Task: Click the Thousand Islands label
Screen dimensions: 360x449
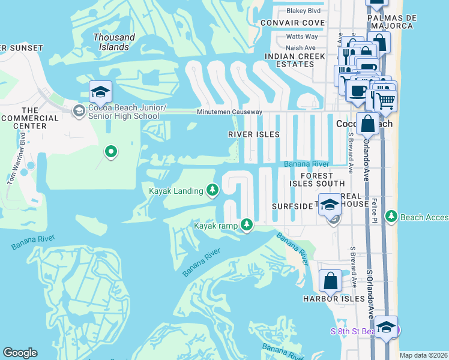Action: (x=114, y=41)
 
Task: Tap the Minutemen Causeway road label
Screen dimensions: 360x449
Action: (x=230, y=112)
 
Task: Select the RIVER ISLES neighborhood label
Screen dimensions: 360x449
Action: (x=254, y=134)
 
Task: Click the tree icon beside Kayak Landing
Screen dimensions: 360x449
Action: (x=212, y=190)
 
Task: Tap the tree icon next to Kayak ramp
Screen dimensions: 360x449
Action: (x=246, y=225)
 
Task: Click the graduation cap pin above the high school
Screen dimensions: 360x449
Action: (x=101, y=92)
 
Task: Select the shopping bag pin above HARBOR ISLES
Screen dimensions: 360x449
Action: (x=330, y=280)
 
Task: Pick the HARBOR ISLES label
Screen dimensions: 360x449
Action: (x=334, y=299)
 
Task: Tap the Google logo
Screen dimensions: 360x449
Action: (x=20, y=353)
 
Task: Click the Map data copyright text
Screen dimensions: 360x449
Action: (x=423, y=355)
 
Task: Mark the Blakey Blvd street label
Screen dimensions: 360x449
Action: (x=304, y=10)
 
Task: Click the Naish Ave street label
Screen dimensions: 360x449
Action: (x=301, y=48)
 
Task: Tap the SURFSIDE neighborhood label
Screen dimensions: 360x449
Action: (x=292, y=206)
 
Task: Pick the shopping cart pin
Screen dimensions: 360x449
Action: (x=385, y=101)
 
